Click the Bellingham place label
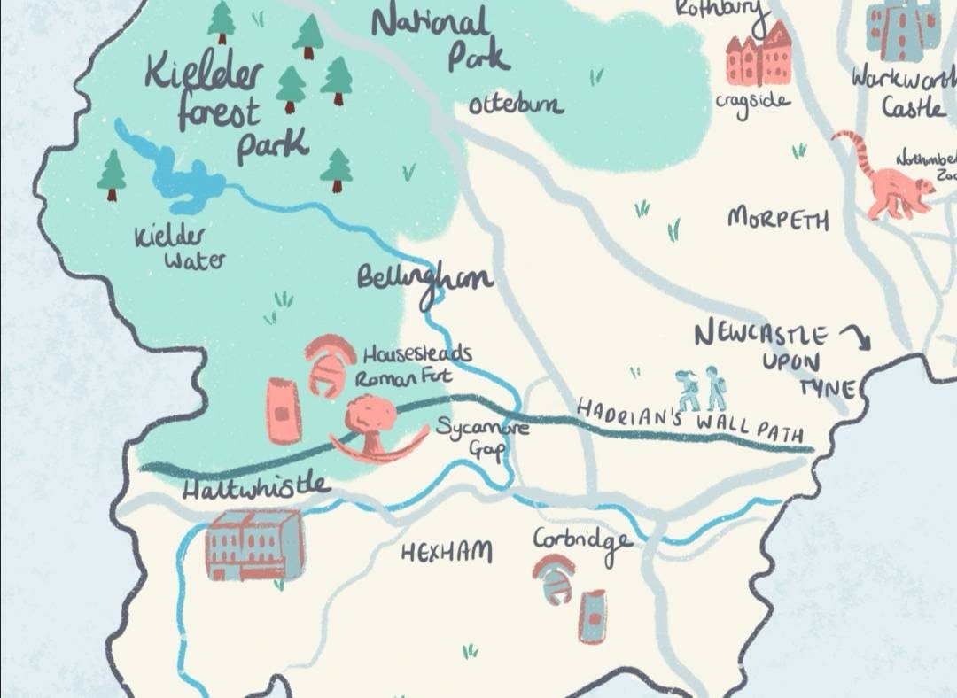point(424,277)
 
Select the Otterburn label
point(515,105)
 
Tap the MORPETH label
point(778,219)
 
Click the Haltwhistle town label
point(255,487)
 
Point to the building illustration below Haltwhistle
point(254,545)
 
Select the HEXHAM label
point(446,553)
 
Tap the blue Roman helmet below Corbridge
point(555,579)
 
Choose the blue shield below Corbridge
point(593,616)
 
